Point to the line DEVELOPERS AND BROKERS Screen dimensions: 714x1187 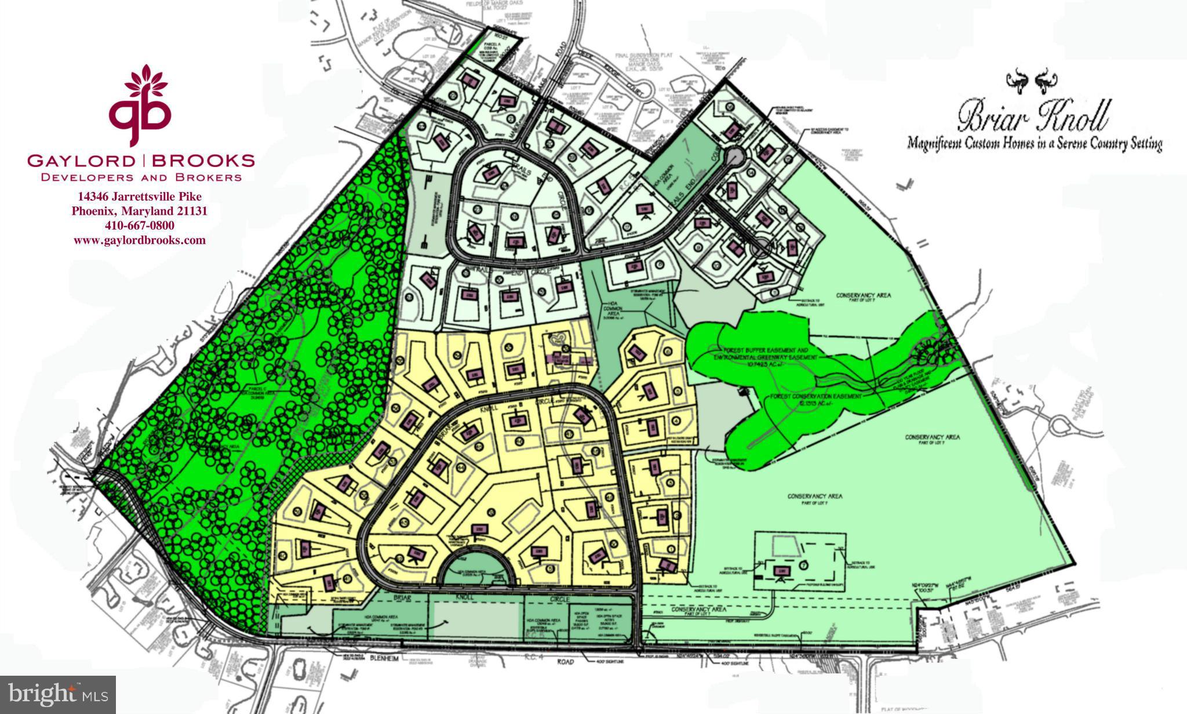(x=141, y=177)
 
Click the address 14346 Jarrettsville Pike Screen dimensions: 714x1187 (x=140, y=198)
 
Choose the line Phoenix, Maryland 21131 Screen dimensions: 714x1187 (x=140, y=211)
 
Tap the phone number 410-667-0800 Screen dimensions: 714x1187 (x=140, y=225)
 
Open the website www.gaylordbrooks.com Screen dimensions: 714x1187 (x=140, y=240)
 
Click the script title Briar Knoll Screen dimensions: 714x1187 (x=1033, y=117)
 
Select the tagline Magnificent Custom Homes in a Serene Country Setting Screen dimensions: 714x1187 (x=1035, y=143)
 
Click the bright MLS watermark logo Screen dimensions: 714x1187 (x=58, y=694)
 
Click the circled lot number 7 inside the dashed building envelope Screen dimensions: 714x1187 (x=803, y=564)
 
